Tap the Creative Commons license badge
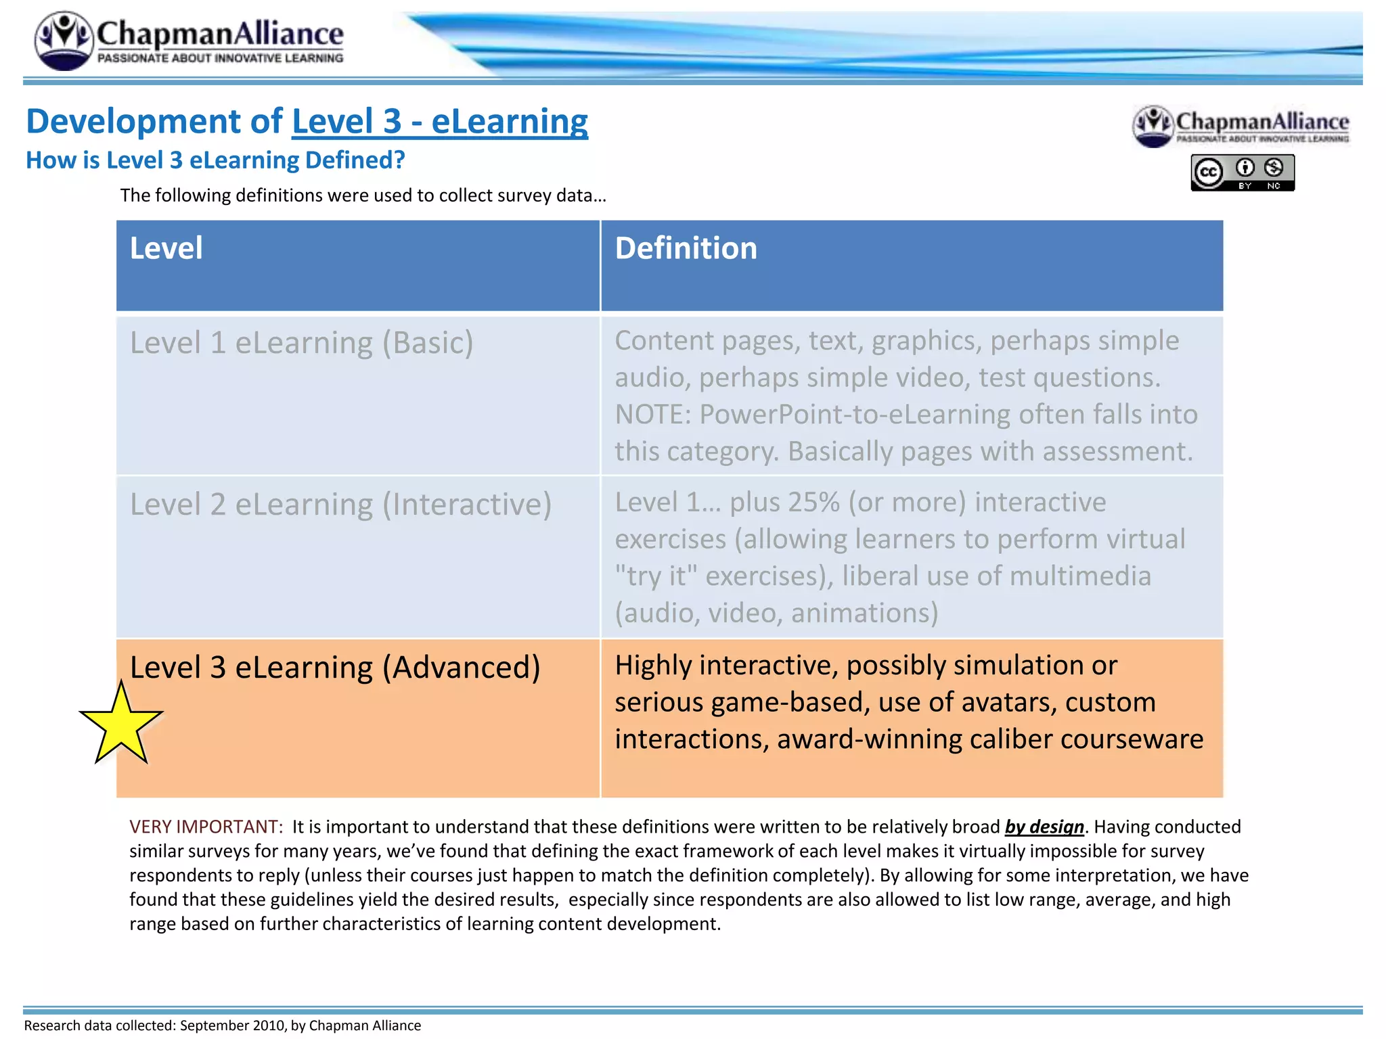[1243, 172]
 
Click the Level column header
[166, 248]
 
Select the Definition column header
[686, 248]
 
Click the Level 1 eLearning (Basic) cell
[301, 343]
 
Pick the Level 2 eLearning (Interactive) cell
[340, 505]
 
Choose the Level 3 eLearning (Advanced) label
[335, 668]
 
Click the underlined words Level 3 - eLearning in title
[440, 122]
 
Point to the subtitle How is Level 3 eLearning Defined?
[215, 160]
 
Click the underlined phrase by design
[1044, 827]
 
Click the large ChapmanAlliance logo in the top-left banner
[189, 41]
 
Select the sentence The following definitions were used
[363, 195]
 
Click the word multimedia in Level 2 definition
[1081, 576]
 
